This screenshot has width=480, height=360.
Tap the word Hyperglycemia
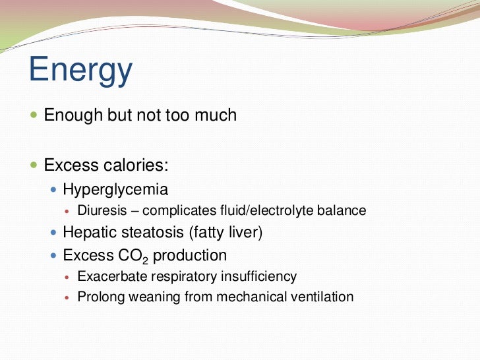coord(115,190)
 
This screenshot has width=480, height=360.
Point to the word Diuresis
coord(100,211)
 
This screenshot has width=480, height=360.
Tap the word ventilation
coord(322,297)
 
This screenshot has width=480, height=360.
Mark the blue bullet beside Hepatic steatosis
coord(54,233)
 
